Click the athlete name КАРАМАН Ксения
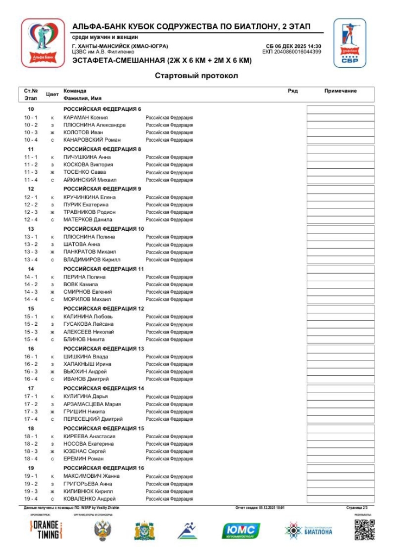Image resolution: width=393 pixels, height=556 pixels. pyautogui.click(x=85, y=117)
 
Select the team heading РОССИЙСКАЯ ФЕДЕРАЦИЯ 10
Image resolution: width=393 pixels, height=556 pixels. pyautogui.click(x=103, y=229)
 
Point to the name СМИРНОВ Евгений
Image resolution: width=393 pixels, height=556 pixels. pyautogui.click(x=87, y=292)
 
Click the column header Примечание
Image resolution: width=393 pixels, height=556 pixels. pyautogui.click(x=340, y=91)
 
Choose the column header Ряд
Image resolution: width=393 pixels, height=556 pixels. pyautogui.click(x=293, y=91)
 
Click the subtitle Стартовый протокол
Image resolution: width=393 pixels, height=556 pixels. pyautogui.click(x=196, y=76)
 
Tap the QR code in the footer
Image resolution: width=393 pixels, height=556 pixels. pyautogui.click(x=365, y=530)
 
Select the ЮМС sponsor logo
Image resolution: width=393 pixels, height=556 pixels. pyautogui.click(x=241, y=530)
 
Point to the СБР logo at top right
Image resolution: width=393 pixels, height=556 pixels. pyautogui.click(x=350, y=43)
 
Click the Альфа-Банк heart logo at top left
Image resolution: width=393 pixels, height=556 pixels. pyautogui.click(x=43, y=43)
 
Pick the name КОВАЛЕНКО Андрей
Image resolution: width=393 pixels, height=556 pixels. pyautogui.click(x=89, y=499)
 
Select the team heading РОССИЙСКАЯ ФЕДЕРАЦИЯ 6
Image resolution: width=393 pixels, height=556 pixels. pyautogui.click(x=102, y=109)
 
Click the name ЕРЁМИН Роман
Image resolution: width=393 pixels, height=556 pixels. pyautogui.click(x=83, y=459)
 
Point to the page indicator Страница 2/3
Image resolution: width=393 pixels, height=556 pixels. pyautogui.click(x=357, y=508)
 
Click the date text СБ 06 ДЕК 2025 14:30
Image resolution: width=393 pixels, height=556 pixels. pyautogui.click(x=293, y=47)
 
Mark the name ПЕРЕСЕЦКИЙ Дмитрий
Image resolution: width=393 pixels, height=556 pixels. pyautogui.click(x=93, y=419)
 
